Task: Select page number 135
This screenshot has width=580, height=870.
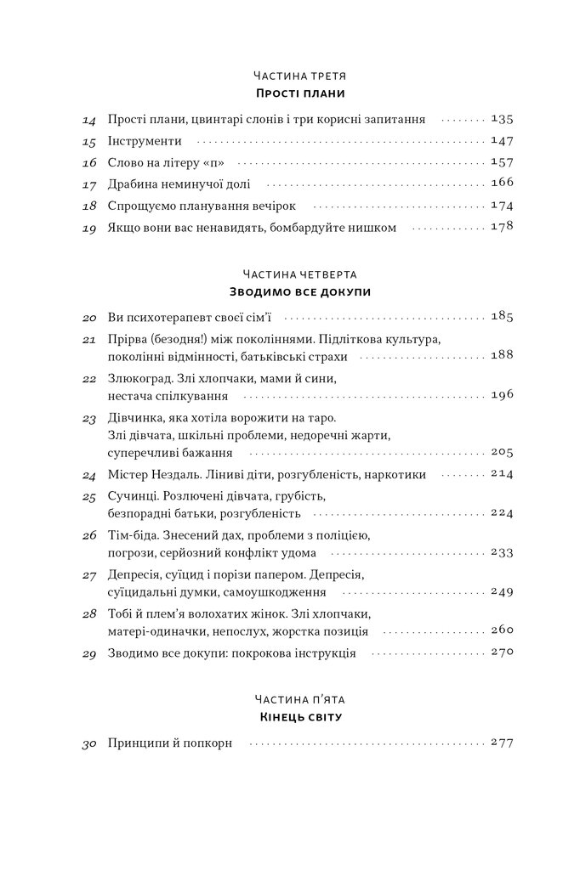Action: point(503,120)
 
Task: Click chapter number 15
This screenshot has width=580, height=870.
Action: point(89,141)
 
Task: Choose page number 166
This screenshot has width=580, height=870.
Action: point(503,184)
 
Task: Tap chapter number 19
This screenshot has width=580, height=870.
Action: point(89,227)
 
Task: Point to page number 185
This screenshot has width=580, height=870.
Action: point(503,318)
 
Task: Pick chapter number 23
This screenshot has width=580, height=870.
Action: point(89,419)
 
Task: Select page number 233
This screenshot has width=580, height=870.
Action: point(503,552)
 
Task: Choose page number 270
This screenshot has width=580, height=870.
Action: point(503,653)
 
